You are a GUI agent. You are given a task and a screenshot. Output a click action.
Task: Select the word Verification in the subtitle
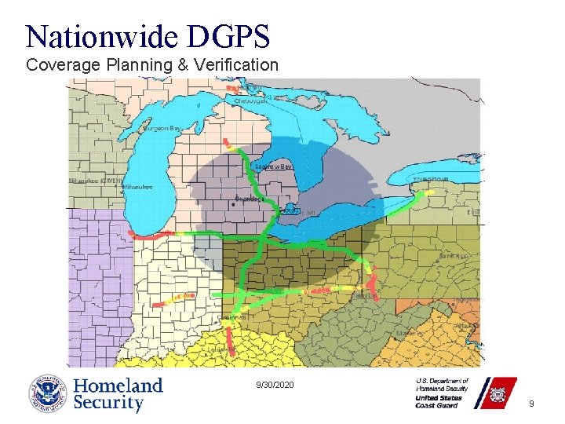pos(232,64)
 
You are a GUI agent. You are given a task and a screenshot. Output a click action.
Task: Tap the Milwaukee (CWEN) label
pos(93,181)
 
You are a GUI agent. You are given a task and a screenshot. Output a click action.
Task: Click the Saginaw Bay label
pos(275,166)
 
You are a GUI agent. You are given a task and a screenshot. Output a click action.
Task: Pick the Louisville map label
pos(222,350)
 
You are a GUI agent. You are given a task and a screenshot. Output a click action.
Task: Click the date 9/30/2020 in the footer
pos(275,385)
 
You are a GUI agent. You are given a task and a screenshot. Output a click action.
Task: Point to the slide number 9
pos(531,404)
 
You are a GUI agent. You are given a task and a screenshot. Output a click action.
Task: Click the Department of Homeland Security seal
pos(49,394)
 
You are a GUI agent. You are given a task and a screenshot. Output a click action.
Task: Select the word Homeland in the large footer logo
pos(118,386)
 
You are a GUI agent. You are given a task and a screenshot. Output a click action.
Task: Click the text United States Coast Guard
pos(439,401)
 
